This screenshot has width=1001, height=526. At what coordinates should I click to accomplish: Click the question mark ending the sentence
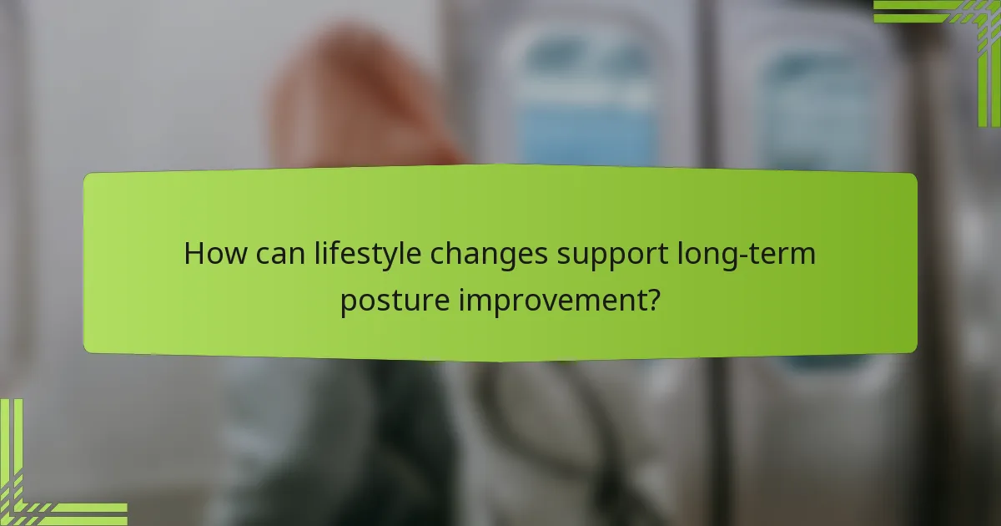[x=655, y=299]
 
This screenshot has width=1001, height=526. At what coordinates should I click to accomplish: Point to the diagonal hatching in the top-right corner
[x=967, y=12]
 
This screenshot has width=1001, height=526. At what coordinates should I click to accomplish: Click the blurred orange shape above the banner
[x=350, y=100]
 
